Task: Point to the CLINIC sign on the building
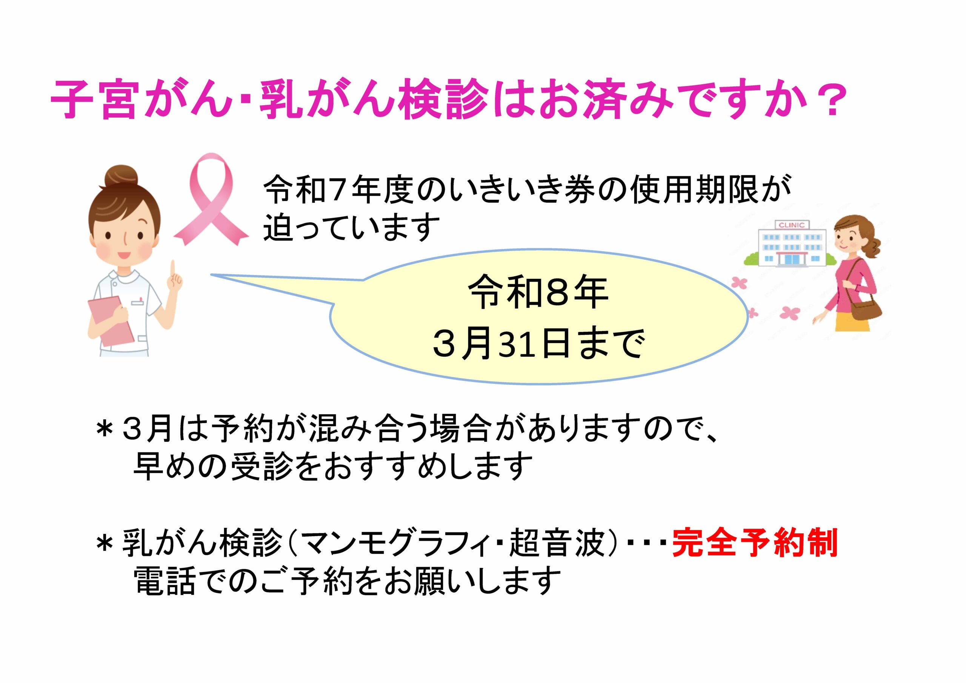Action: [791, 225]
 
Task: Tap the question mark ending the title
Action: [831, 101]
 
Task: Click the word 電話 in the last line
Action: [164, 580]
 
